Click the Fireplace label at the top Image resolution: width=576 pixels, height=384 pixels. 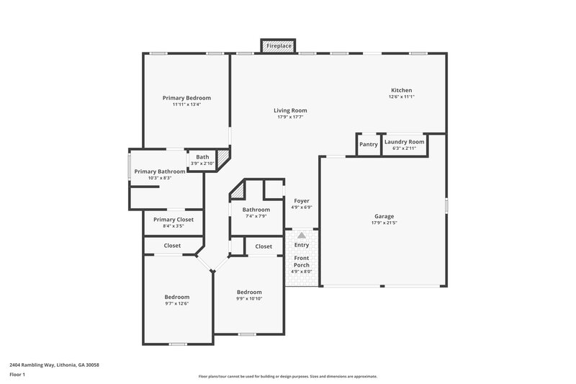click(279, 46)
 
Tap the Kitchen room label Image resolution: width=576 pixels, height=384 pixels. click(401, 90)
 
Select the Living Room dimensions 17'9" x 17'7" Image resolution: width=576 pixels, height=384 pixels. click(290, 117)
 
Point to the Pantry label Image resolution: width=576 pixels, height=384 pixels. click(369, 143)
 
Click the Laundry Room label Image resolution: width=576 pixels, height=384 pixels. click(404, 142)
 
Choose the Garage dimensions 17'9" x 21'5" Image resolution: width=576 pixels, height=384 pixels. click(384, 223)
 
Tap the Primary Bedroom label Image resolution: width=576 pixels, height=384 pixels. click(186, 97)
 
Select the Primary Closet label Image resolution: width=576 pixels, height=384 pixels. click(174, 219)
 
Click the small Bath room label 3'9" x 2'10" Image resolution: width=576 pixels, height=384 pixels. click(202, 157)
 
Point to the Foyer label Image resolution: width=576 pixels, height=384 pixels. click(301, 201)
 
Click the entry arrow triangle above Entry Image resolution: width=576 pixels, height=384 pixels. click(302, 235)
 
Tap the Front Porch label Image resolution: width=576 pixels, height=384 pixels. click(301, 262)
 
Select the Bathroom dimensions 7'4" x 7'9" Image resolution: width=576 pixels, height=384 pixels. click(256, 216)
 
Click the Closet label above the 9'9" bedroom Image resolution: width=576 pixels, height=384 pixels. click(264, 246)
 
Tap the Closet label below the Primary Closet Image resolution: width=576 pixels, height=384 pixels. click(172, 246)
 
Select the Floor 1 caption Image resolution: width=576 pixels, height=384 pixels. click(17, 375)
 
